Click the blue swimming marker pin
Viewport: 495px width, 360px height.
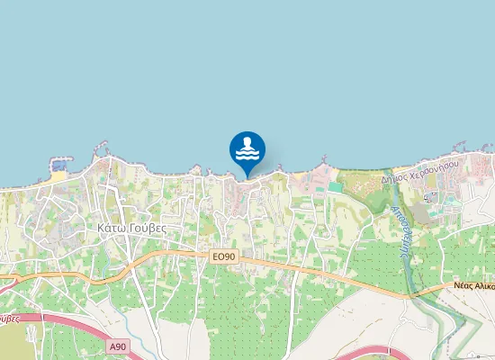point(247,149)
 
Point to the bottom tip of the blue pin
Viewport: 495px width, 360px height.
point(247,176)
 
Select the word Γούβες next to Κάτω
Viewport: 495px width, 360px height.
point(148,229)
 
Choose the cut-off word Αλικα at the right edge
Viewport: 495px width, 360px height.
point(487,284)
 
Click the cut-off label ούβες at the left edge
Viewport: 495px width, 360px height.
point(9,318)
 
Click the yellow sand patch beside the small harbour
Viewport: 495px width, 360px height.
point(58,176)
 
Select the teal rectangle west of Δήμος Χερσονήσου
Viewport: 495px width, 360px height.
point(335,187)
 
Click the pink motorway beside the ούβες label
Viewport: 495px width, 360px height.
point(36,316)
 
